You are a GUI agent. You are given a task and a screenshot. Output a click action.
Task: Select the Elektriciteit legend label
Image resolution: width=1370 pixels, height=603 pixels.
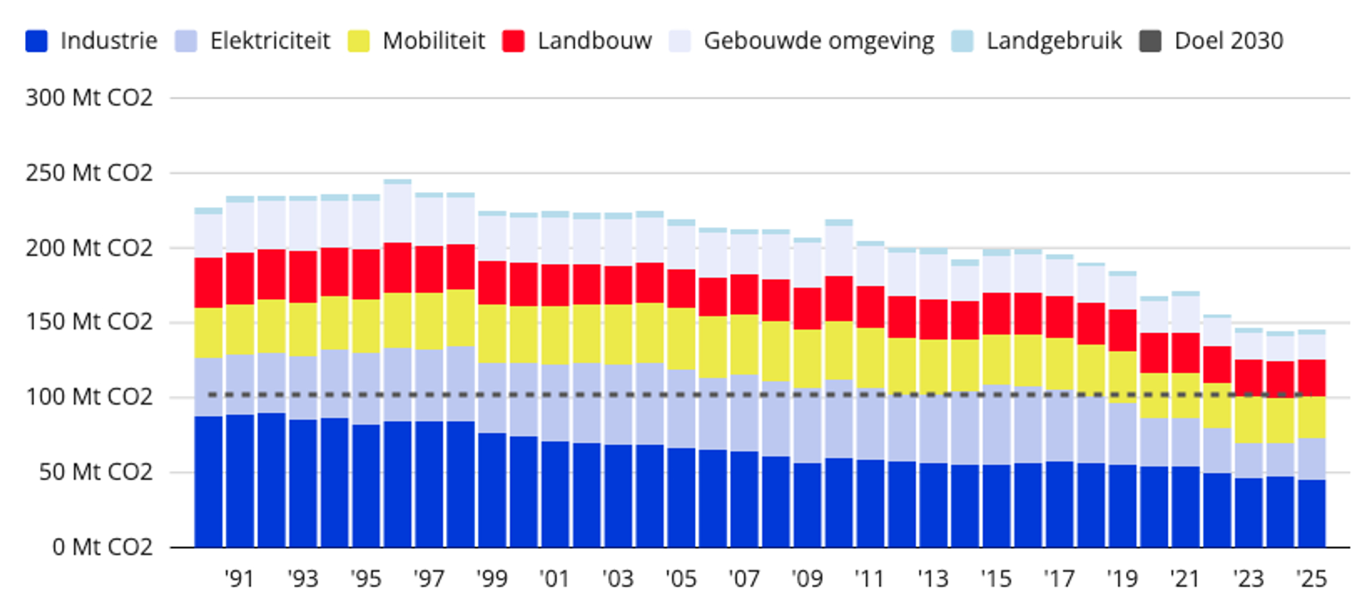(270, 41)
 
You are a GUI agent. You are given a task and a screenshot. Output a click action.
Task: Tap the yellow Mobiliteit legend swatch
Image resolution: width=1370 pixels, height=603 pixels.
(359, 41)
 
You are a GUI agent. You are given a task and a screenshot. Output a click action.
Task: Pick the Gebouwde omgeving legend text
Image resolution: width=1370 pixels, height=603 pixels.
(818, 41)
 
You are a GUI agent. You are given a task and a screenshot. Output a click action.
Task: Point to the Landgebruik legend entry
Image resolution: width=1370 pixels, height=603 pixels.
(1054, 41)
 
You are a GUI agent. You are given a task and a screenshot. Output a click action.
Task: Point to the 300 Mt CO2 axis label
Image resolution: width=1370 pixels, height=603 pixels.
(89, 98)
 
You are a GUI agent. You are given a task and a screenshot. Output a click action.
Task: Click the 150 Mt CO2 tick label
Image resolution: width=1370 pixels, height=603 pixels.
(89, 322)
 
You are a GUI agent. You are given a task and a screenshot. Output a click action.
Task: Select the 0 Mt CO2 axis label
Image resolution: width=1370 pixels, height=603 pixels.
(102, 547)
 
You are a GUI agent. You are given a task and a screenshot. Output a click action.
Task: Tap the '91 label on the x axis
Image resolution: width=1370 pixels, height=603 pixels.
(240, 579)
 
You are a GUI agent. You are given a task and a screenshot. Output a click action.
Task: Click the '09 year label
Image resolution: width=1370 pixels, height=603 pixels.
(807, 579)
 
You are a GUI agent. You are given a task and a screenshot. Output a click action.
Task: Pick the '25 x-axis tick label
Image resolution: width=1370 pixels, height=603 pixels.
(1311, 579)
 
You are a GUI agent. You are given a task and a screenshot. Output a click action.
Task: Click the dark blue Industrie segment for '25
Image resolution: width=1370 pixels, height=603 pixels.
(1311, 514)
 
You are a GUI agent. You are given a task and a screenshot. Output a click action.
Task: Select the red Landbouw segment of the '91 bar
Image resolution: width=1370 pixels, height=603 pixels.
(240, 278)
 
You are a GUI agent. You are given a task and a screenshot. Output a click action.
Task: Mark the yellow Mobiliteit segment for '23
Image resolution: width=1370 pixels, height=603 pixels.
(1249, 420)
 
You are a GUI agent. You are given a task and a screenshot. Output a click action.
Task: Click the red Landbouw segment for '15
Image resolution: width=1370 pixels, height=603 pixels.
(996, 313)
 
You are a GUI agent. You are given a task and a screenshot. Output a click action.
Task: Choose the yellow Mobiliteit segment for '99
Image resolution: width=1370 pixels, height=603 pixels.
(492, 333)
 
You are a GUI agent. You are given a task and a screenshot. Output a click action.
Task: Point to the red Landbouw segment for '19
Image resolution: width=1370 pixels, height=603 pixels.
(1122, 330)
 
